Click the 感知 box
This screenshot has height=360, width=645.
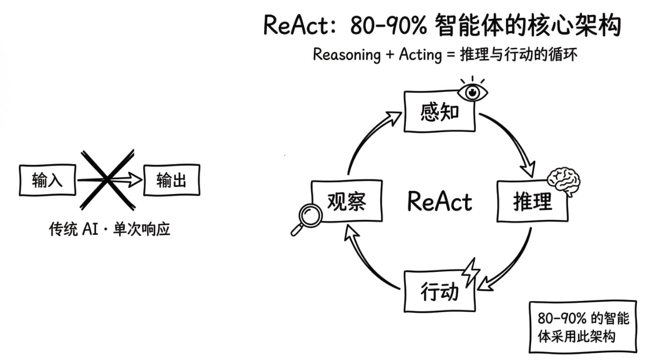pyautogui.click(x=439, y=112)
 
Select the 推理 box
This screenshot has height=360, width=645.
pyautogui.click(x=532, y=201)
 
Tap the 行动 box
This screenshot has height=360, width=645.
pyautogui.click(x=439, y=291)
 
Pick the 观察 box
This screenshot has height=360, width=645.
pyautogui.click(x=347, y=201)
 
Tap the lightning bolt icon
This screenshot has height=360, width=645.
pyautogui.click(x=470, y=272)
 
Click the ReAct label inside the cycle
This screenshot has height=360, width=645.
pyautogui.click(x=439, y=201)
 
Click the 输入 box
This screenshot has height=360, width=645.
pyautogui.click(x=48, y=181)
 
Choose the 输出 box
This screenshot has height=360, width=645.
pyautogui.click(x=171, y=181)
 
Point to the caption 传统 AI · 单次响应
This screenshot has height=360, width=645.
pyautogui.click(x=109, y=230)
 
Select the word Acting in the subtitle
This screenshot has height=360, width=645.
pyautogui.click(x=420, y=55)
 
